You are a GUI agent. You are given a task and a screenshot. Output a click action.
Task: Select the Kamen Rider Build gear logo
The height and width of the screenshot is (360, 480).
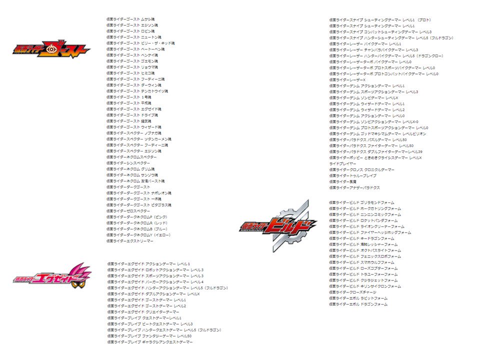coord(278,226)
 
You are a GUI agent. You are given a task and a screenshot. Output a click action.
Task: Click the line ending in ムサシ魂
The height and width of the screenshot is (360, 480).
coord(130,19)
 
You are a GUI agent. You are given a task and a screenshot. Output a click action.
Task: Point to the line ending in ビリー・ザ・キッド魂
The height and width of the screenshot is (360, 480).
coord(140,43)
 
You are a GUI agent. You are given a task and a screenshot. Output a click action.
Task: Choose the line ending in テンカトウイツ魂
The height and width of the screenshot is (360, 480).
coord(137,91)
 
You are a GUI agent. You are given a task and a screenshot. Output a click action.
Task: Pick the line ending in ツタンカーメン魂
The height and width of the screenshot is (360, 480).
coord(138,139)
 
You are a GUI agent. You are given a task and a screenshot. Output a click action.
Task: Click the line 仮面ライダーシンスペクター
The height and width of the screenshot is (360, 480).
coord(128,163)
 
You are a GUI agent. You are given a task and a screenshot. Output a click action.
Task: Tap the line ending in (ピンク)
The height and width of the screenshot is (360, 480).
coord(137,217)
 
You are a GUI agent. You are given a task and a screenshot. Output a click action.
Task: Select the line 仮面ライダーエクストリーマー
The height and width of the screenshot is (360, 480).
coord(130,241)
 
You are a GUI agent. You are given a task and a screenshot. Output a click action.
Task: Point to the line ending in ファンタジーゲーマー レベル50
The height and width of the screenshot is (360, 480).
coord(149,336)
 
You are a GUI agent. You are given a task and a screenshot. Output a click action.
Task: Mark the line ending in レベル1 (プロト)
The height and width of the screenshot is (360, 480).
coord(380,20)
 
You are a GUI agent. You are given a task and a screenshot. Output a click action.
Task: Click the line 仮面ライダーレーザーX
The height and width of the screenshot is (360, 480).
coord(347,80)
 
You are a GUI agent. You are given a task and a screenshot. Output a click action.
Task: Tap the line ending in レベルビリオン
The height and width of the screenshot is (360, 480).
coord(377,133)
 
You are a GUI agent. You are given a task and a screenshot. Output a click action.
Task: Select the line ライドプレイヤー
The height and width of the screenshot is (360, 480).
coord(343,163)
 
